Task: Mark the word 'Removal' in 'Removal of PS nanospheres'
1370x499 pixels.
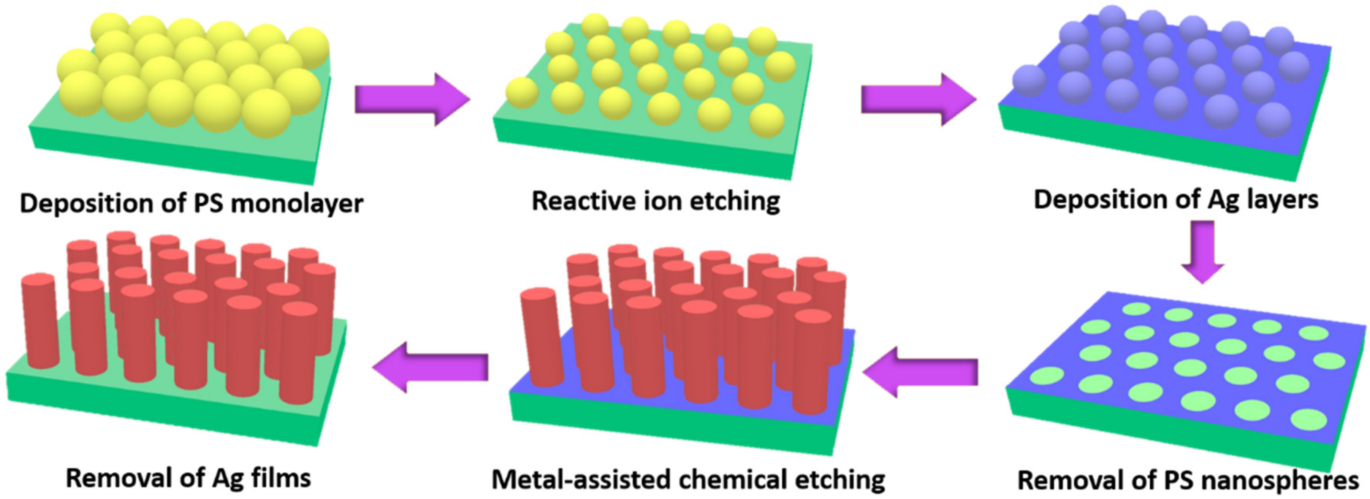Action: click(1058, 480)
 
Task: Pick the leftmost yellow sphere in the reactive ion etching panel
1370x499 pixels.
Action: click(522, 93)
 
